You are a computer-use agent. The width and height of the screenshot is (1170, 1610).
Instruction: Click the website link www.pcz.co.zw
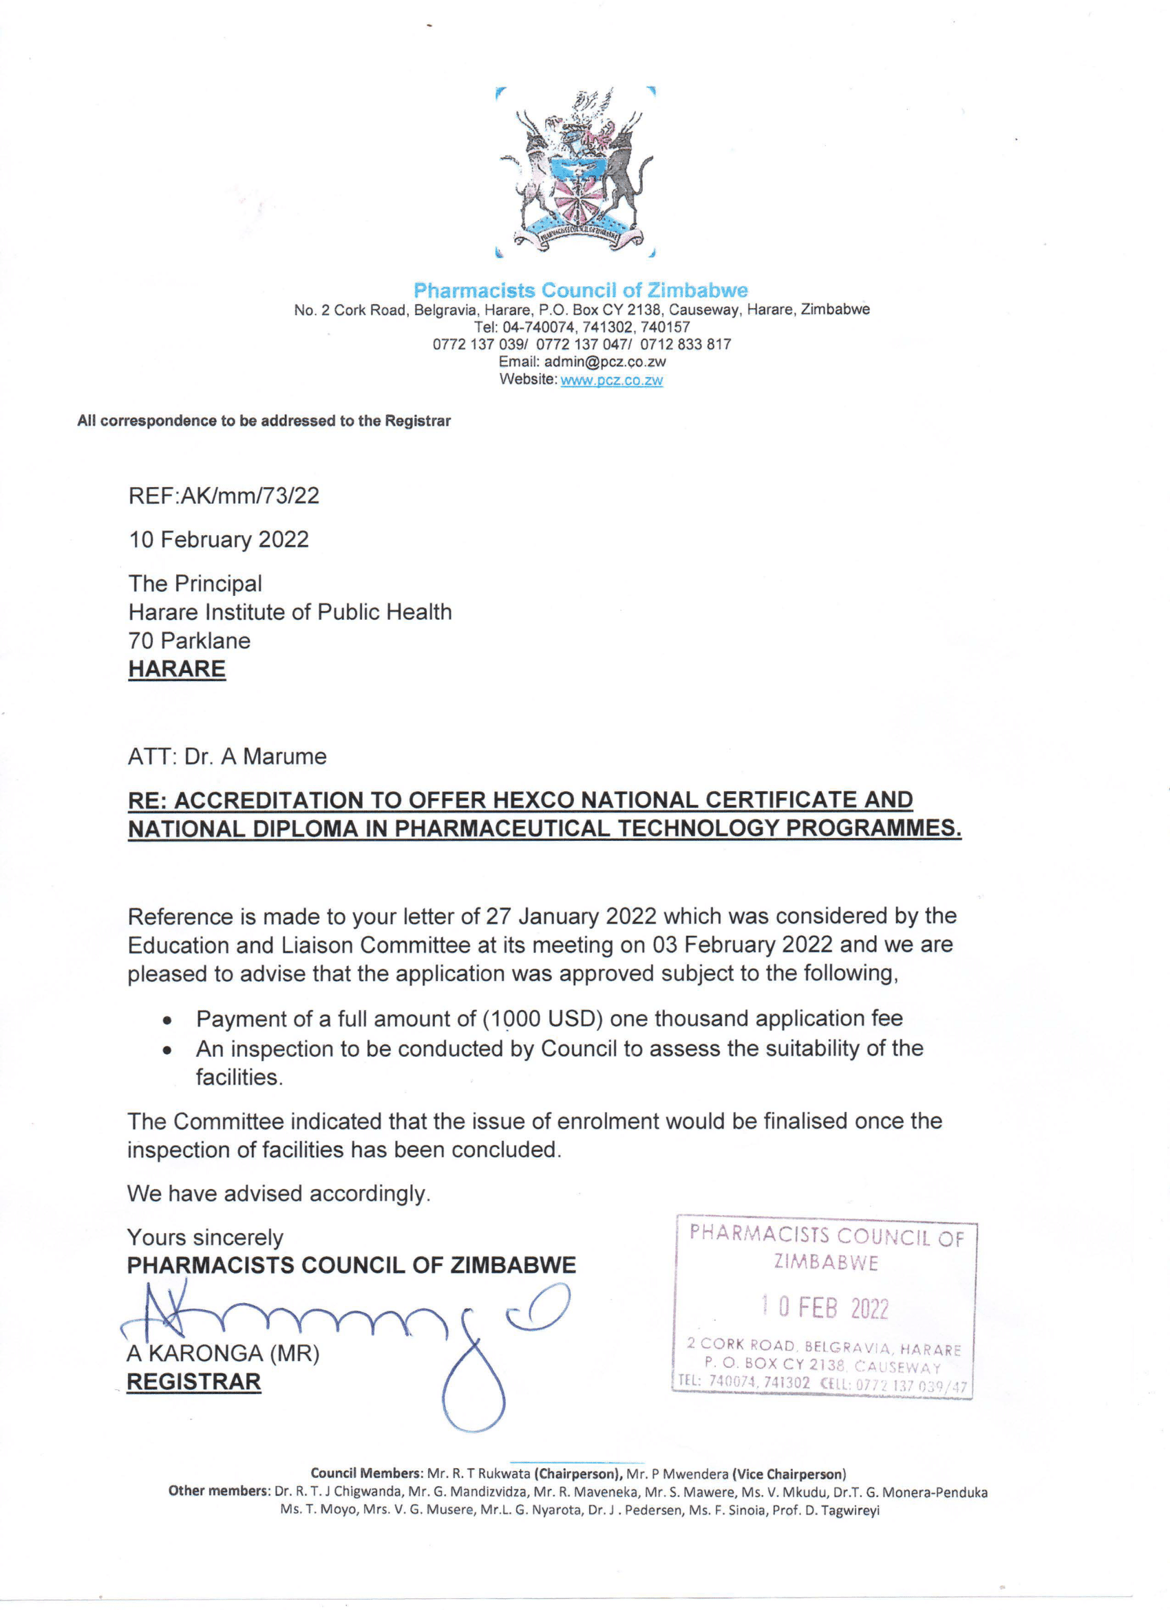611,380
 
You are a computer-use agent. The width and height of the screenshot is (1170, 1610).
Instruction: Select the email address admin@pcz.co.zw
605,362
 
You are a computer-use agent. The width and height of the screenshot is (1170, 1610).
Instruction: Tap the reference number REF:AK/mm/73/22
224,495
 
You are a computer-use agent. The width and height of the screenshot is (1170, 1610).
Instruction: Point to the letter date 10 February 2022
219,539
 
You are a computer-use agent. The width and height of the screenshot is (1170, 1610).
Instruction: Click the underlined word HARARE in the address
177,669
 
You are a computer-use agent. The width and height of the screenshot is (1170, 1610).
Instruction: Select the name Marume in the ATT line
285,757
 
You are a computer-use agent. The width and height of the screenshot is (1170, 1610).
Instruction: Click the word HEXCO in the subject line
533,800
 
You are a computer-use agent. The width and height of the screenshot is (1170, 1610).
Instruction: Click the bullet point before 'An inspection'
167,1051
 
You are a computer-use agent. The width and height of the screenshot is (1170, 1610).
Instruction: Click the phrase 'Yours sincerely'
205,1237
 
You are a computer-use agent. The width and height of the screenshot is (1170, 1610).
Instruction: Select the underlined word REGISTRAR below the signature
194,1382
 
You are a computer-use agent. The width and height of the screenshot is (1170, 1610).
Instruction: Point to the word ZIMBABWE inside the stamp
826,1263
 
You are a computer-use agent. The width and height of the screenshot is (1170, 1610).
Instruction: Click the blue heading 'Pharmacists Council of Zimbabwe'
581,290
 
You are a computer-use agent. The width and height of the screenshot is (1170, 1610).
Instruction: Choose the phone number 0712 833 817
685,344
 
